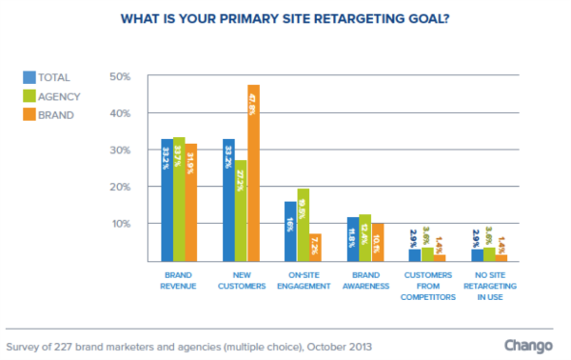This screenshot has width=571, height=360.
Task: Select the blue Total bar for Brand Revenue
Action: click(x=167, y=200)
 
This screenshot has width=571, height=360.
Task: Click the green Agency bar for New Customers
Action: click(x=241, y=210)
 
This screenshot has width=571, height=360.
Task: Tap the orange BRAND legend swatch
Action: click(x=29, y=114)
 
